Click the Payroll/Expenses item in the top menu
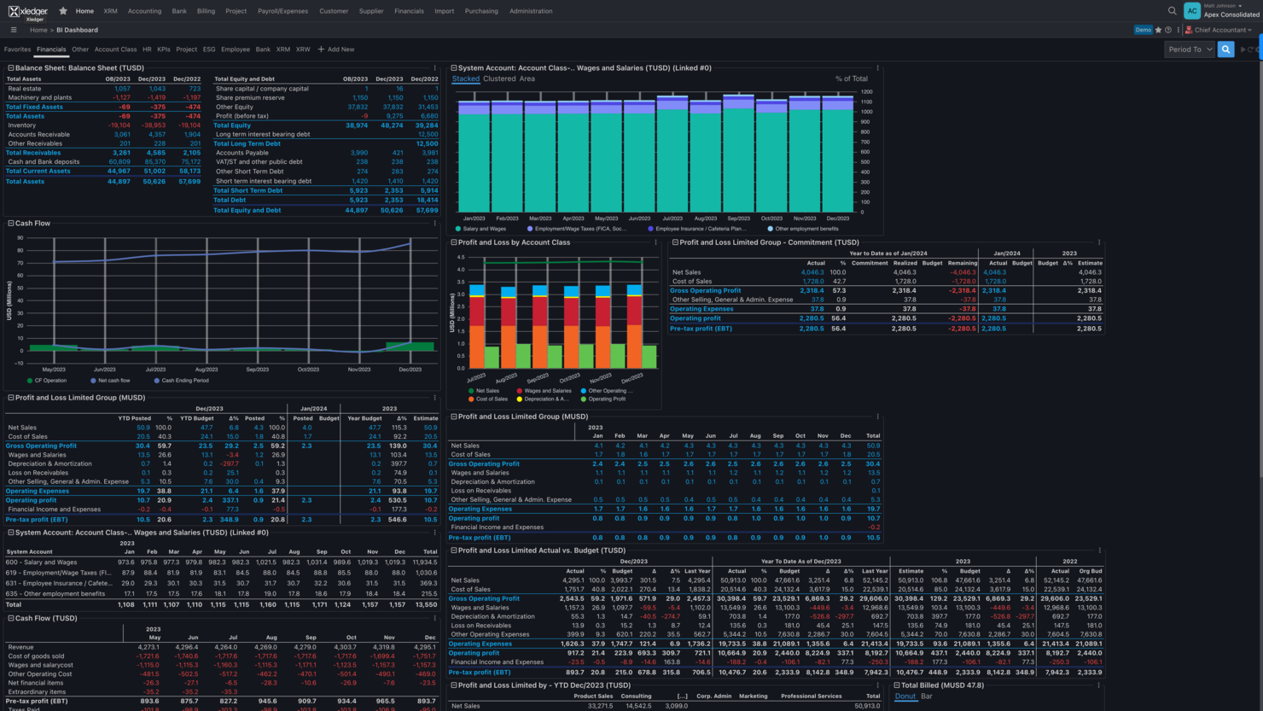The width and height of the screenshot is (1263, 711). point(282,11)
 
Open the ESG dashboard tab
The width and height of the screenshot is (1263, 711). point(209,50)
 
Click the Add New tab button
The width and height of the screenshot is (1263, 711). point(336,50)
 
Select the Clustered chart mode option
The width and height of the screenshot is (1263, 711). point(499,79)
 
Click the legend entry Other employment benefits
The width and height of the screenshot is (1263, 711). point(806,229)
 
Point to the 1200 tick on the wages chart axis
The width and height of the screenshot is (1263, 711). point(866,91)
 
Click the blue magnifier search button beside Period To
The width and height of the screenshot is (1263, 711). point(1225,50)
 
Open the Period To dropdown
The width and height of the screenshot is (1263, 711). point(1190,50)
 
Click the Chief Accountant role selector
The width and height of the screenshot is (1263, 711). point(1219,30)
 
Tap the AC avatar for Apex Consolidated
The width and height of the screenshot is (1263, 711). point(1191,11)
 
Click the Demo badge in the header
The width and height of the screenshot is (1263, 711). point(1143,30)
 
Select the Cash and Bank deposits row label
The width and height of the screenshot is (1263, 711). point(44,161)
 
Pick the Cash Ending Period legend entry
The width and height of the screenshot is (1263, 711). point(184,381)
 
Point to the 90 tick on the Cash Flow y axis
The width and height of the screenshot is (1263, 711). point(20,238)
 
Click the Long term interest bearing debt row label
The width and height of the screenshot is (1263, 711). point(262,134)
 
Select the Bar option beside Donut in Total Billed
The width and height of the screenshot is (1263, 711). point(927,696)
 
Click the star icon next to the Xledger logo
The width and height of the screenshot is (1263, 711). point(63,11)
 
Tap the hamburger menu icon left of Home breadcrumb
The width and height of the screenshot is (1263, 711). point(14,30)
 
